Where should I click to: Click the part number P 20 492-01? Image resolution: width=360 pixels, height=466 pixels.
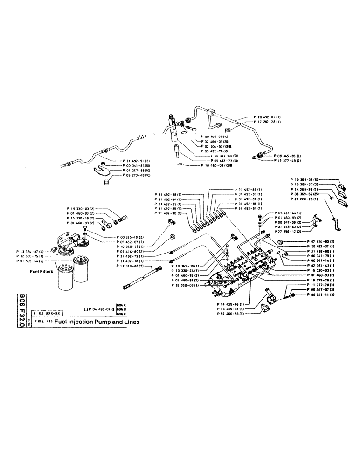(x=268, y=117)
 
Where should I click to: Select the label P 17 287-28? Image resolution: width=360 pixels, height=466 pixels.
(x=268, y=122)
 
